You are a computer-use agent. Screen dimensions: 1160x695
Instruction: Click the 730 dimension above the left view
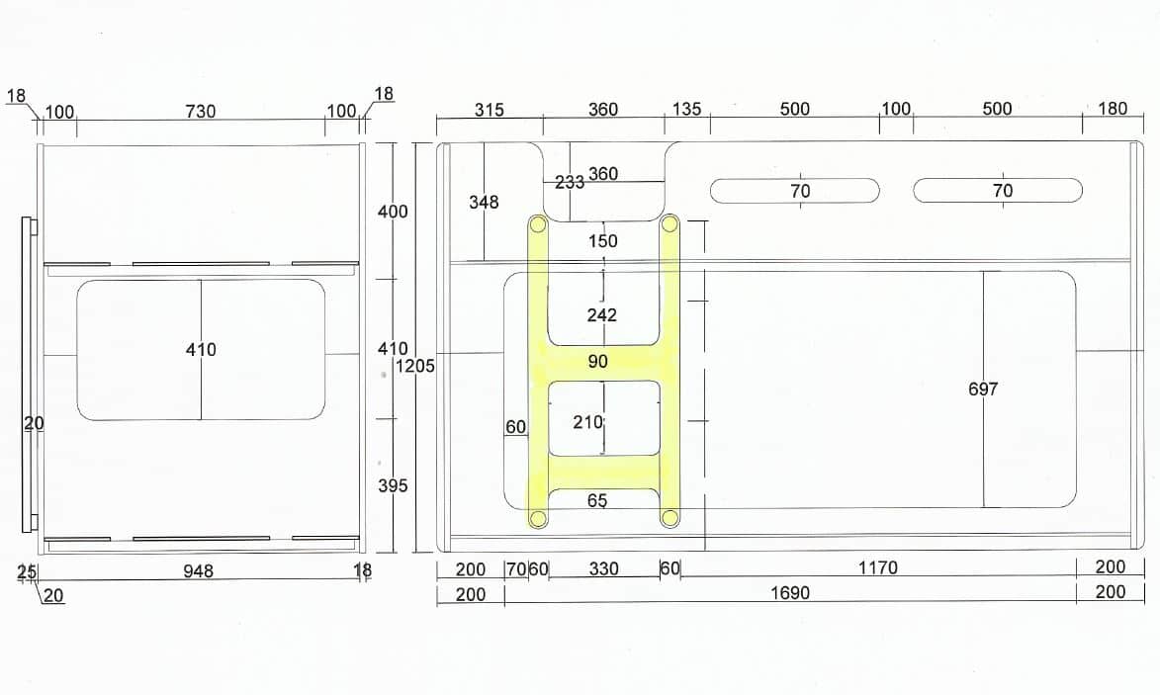pos(201,112)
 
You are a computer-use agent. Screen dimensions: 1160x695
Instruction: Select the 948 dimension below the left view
pos(198,570)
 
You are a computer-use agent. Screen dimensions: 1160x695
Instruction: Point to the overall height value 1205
pos(415,366)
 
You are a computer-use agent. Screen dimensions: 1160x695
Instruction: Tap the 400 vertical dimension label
pos(393,212)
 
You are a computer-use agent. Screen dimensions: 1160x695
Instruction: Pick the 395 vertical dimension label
pos(393,485)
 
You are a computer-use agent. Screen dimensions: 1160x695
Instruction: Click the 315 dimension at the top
pos(489,110)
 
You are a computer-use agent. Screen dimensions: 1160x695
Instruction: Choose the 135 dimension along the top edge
pos(686,109)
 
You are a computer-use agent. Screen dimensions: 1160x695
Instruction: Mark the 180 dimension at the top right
pos(1113,109)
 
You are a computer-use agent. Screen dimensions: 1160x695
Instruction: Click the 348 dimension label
pos(484,202)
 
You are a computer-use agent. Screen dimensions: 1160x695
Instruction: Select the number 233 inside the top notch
pos(570,182)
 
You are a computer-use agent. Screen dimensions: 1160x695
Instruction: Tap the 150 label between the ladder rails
pos(603,241)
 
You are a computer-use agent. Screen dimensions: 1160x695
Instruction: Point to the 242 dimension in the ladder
pos(602,315)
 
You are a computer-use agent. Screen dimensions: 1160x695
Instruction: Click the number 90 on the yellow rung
pos(597,362)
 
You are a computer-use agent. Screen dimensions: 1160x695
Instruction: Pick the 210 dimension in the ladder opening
pos(588,422)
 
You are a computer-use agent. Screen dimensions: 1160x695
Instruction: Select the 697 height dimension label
pos(983,389)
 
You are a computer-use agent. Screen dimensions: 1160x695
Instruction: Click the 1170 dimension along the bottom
pos(878,567)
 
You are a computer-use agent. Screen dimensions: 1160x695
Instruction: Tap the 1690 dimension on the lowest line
pos(790,593)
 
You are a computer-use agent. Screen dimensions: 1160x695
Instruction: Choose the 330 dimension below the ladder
pos(603,568)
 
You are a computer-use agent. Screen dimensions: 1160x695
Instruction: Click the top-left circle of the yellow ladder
pos(538,224)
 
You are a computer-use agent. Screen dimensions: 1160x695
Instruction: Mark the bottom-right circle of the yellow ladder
pos(669,518)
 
